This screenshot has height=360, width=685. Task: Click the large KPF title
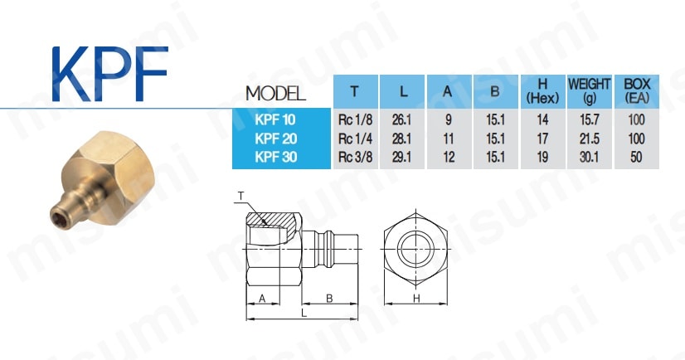(109, 74)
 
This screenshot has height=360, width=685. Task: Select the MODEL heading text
(275, 94)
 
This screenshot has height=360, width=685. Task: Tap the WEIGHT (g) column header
(589, 91)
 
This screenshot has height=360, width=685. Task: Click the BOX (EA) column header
(637, 91)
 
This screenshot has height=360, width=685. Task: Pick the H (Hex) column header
(542, 91)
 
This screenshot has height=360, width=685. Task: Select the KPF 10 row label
(275, 119)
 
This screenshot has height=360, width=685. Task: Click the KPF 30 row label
(275, 157)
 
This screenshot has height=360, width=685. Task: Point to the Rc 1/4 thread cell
(355, 139)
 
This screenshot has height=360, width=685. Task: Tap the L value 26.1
(401, 119)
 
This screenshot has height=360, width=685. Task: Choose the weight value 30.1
(589, 157)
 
